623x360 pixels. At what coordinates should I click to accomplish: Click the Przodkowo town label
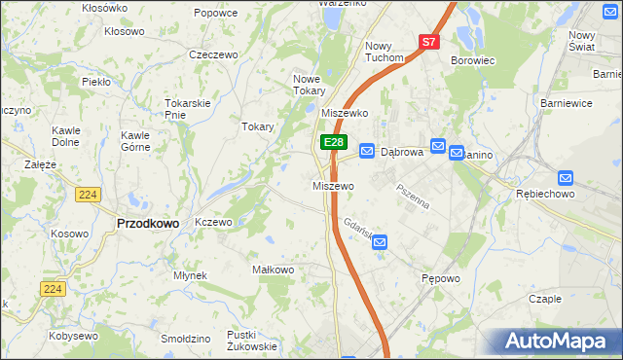[148, 223]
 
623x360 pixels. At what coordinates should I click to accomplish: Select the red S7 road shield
[430, 42]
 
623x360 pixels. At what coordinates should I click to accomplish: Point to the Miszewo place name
[333, 185]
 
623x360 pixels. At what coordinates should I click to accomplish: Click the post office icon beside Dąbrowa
[367, 151]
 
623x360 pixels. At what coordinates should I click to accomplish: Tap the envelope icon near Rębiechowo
[567, 178]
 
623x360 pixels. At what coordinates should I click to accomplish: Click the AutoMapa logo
[560, 342]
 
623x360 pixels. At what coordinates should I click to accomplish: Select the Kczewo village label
[213, 222]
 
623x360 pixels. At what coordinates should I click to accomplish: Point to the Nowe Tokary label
[310, 85]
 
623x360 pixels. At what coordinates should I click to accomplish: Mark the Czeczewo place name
[214, 54]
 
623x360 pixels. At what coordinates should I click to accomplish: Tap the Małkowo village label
[273, 270]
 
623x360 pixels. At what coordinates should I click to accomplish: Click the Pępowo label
[440, 278]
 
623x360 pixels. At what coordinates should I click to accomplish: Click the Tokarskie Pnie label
[188, 108]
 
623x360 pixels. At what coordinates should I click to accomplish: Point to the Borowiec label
[473, 60]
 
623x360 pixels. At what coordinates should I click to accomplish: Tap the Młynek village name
[190, 275]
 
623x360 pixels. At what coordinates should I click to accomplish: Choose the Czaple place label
[545, 299]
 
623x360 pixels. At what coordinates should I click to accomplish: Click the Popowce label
[216, 13]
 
